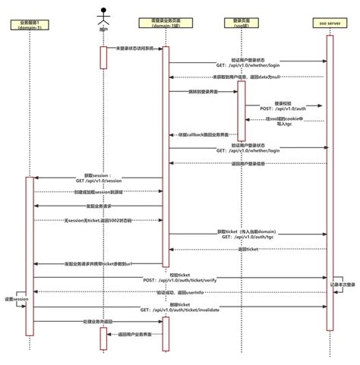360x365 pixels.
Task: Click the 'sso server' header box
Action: (x=329, y=24)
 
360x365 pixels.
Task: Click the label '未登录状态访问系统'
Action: (x=135, y=48)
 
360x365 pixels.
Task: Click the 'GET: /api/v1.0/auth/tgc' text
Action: (x=248, y=236)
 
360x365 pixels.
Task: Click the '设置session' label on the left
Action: (x=15, y=300)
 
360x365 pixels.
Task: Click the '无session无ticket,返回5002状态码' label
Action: (x=99, y=220)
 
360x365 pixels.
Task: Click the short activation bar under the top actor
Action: (x=103, y=58)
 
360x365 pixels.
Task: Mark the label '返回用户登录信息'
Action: (x=248, y=162)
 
